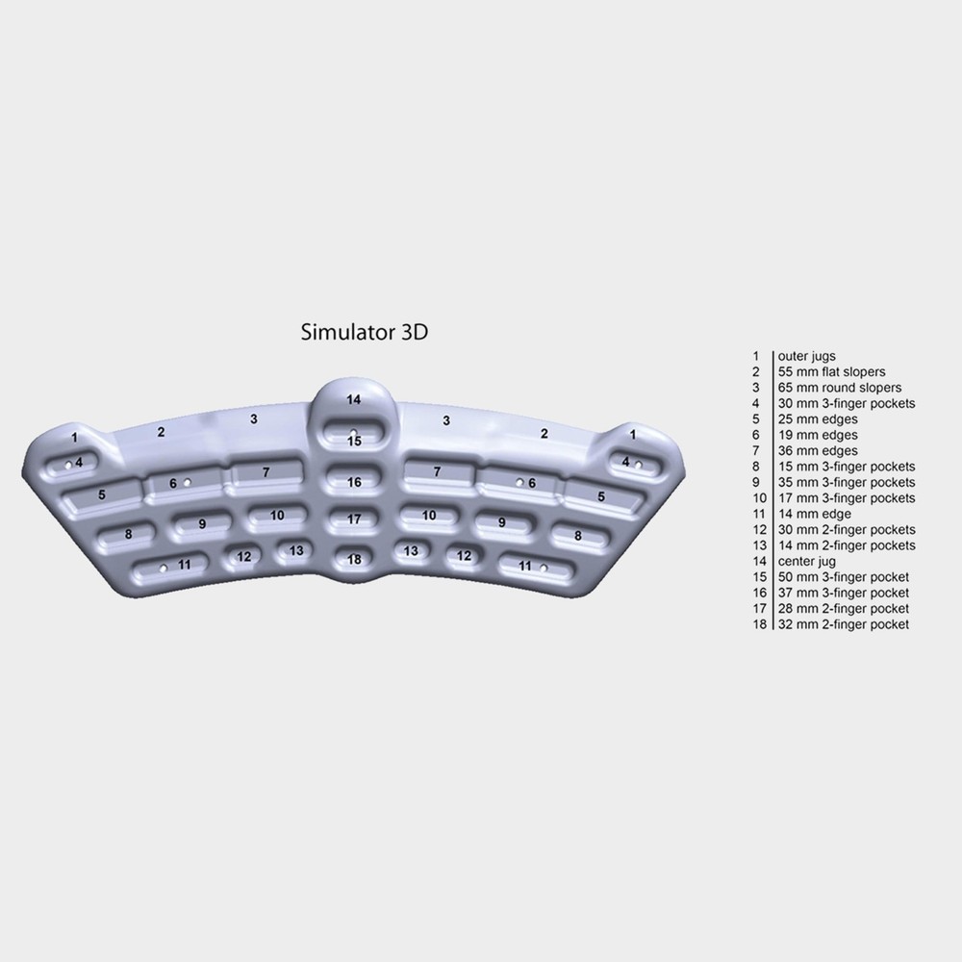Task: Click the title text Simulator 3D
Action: point(365,333)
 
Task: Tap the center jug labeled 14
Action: point(354,399)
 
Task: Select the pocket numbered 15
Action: point(354,439)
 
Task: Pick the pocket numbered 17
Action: point(354,519)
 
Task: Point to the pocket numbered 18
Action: point(354,559)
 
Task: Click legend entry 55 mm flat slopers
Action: point(831,371)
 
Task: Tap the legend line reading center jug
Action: point(807,561)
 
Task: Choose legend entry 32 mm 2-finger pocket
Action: point(844,624)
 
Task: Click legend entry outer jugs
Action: point(807,356)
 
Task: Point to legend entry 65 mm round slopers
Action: point(839,388)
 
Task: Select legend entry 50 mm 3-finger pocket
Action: point(844,577)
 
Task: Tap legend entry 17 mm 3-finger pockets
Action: point(847,498)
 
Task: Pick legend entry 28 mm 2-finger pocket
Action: point(844,608)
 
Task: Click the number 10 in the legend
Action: point(757,498)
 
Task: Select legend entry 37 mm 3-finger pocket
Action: point(844,593)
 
